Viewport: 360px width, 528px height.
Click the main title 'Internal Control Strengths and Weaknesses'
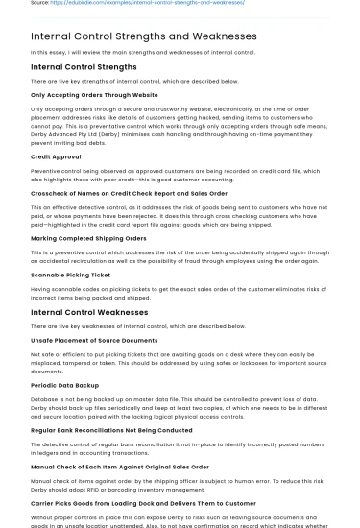[x=144, y=36]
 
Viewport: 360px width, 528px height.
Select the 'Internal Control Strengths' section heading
[x=84, y=67]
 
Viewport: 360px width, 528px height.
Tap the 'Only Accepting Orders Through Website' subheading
[x=94, y=95]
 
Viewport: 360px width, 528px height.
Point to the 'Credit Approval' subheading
[x=56, y=156]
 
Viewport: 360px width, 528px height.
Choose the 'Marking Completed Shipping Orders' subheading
[x=88, y=237]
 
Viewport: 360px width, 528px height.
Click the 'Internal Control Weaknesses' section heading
[x=89, y=312]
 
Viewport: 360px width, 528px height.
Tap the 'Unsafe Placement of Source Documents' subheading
[x=94, y=340]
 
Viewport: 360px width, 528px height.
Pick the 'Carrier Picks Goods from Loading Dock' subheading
[x=143, y=502]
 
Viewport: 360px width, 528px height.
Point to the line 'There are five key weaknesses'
[x=125, y=326]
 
